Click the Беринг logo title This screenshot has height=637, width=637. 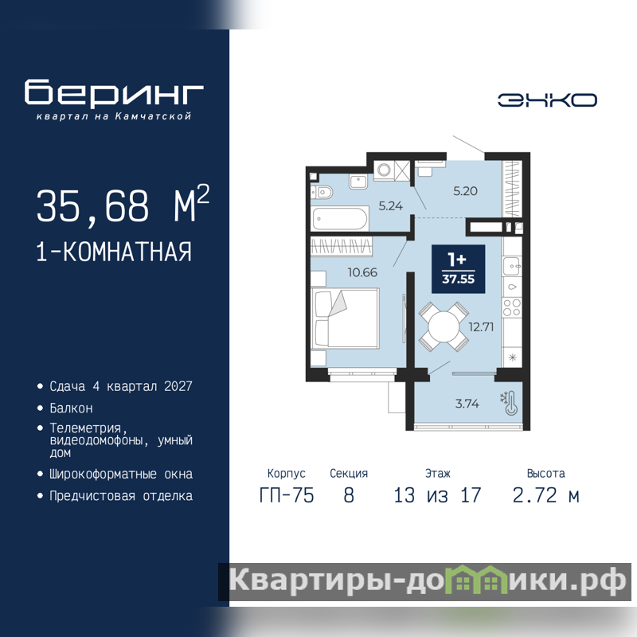pos(114,92)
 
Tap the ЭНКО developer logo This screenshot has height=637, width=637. pos(547,100)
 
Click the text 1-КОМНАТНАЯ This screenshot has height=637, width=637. pos(114,252)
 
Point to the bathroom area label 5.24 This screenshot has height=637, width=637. pos(390,206)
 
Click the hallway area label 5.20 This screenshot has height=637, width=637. pos(465,191)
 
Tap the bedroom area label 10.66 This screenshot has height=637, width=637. pos(362,272)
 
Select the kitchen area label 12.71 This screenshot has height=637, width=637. pos(481,326)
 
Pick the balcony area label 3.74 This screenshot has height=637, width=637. pos(467,404)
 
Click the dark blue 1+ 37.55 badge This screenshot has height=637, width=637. pos(459,269)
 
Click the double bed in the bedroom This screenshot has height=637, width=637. pos(345,318)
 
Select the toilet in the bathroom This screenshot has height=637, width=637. pos(322,192)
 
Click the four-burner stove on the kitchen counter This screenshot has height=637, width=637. pos(512,307)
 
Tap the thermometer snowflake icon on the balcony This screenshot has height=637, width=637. pos(510,404)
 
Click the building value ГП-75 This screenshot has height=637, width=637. pos(287,495)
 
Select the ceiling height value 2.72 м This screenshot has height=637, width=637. pos(545,495)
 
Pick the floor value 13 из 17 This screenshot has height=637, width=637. pos(437,495)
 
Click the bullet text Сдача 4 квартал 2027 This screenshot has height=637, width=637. pos(121,386)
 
